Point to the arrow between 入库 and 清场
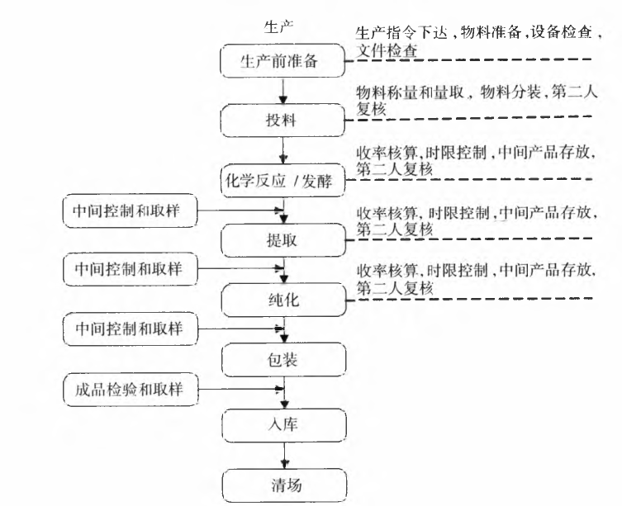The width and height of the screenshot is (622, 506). click(x=283, y=453)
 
